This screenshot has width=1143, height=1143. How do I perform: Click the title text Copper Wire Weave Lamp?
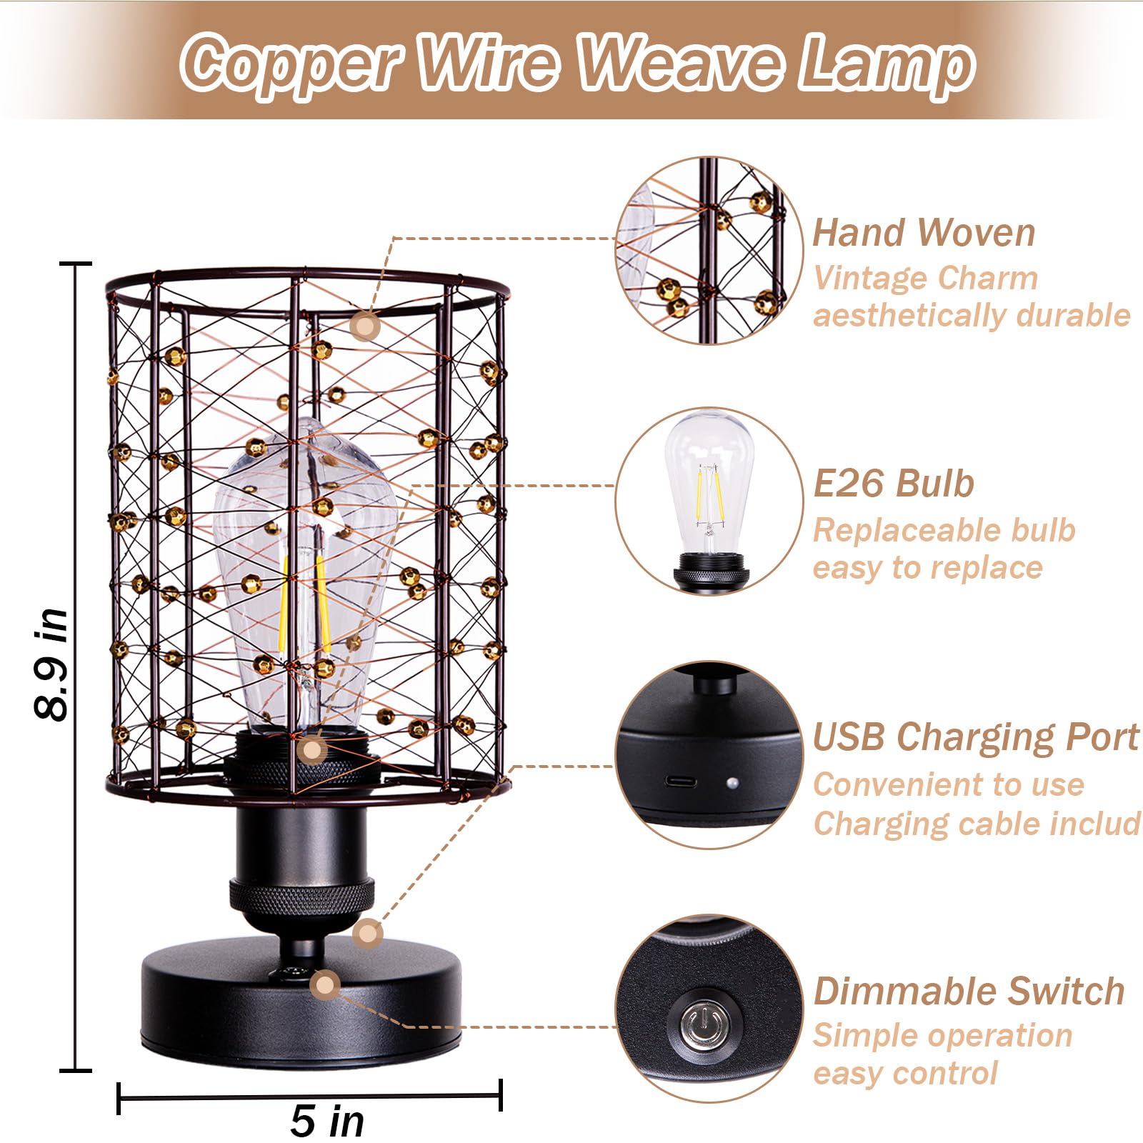click(x=577, y=63)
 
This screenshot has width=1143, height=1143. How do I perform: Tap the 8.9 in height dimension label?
click(x=52, y=664)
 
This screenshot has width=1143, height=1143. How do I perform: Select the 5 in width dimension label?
click(x=327, y=1119)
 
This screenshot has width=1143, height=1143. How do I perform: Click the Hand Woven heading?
click(x=924, y=233)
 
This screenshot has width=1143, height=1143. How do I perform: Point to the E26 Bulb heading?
click(x=894, y=484)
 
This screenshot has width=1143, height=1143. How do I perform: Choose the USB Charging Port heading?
click(x=976, y=737)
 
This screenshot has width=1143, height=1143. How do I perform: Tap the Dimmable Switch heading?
click(x=969, y=991)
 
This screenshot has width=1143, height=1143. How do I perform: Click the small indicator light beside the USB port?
click(x=732, y=784)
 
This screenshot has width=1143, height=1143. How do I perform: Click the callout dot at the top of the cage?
click(x=365, y=326)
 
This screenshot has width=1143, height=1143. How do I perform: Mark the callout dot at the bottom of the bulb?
click(x=312, y=750)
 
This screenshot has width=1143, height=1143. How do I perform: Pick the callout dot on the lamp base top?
click(x=326, y=985)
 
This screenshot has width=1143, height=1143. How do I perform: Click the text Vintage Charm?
click(x=925, y=278)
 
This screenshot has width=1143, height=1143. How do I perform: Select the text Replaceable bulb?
click(x=944, y=530)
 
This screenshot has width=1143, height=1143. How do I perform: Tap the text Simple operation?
click(x=942, y=1035)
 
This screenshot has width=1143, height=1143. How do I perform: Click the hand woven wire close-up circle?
click(x=707, y=250)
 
